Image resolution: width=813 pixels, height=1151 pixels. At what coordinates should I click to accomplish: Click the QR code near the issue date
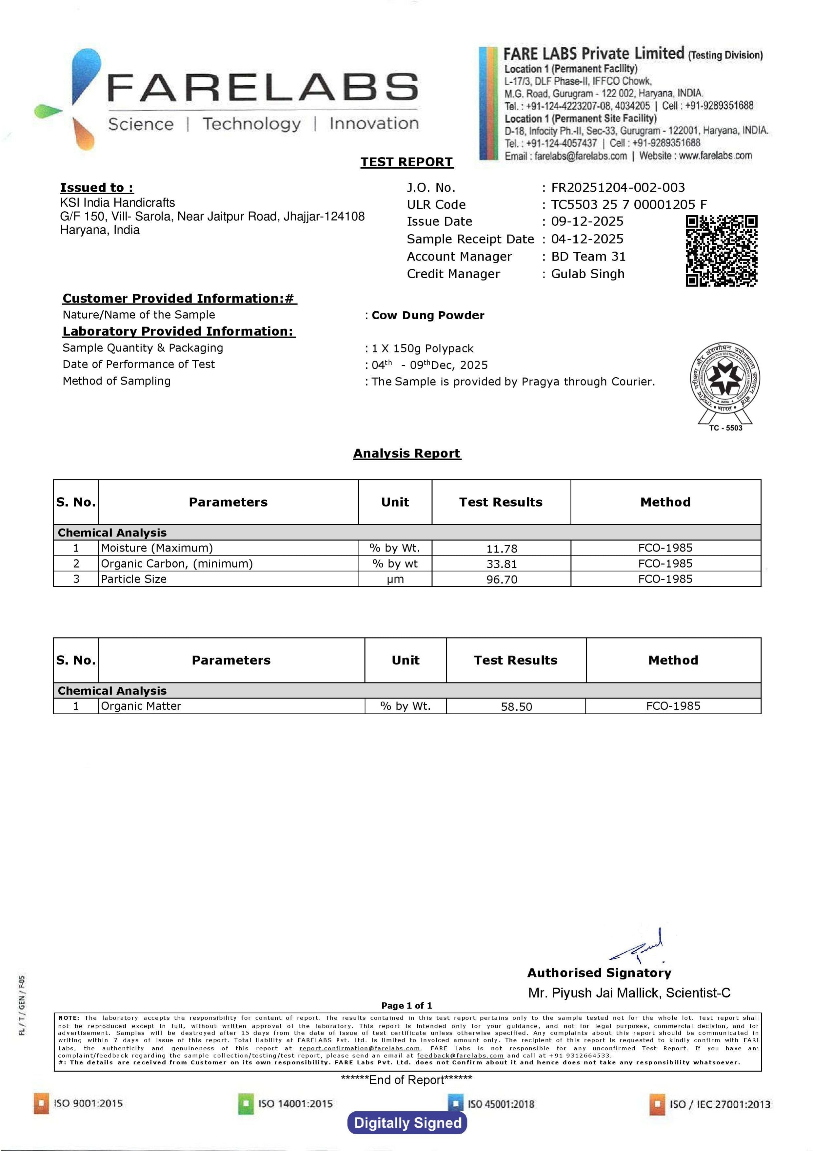721,251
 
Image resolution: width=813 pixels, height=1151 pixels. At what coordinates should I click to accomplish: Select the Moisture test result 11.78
502,548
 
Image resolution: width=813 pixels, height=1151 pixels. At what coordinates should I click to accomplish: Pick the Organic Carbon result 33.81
502,564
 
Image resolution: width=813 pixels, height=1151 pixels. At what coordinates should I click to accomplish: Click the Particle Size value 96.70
502,579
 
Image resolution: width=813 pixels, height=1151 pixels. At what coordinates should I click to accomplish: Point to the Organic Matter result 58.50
516,707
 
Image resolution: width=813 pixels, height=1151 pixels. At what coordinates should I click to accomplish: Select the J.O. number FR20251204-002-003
618,187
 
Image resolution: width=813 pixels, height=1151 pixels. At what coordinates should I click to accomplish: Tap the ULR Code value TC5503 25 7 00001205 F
629,204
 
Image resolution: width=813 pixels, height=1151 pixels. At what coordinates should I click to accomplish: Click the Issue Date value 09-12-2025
587,221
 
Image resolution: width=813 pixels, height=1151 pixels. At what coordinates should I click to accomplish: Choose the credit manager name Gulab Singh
587,274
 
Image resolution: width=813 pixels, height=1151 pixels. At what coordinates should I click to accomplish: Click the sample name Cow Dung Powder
428,315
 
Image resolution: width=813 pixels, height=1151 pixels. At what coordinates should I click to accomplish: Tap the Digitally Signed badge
407,1123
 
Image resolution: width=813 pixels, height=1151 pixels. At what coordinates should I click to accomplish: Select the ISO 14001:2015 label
295,1103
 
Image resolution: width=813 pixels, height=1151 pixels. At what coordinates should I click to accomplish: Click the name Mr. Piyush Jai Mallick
594,993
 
